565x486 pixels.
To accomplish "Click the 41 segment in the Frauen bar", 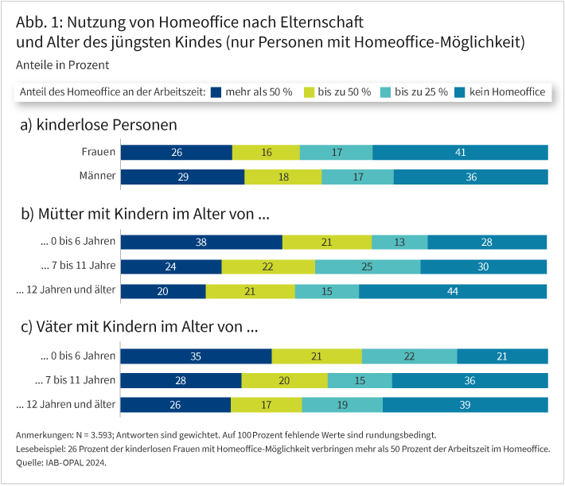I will [x=460, y=152].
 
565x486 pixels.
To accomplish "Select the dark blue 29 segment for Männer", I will [x=182, y=177].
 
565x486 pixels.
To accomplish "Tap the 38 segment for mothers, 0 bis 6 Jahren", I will [x=201, y=242].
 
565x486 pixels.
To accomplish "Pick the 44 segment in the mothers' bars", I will [x=453, y=291].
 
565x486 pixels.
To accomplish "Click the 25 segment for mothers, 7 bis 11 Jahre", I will [x=368, y=266].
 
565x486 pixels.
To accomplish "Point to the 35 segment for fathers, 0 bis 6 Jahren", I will [x=196, y=356].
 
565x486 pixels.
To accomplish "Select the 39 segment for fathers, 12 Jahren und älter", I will [x=465, y=405].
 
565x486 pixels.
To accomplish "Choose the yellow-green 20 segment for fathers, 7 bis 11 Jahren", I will [x=284, y=380].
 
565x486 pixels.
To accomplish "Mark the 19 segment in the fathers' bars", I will [x=342, y=405].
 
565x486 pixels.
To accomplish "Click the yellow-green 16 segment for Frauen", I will [x=266, y=152].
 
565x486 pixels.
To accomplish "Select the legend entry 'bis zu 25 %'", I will [x=419, y=92].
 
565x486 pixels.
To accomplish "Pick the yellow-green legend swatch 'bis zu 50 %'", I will [x=309, y=92].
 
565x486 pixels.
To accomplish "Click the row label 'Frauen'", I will [x=99, y=151].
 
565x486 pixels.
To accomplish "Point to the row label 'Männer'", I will [x=98, y=176].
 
